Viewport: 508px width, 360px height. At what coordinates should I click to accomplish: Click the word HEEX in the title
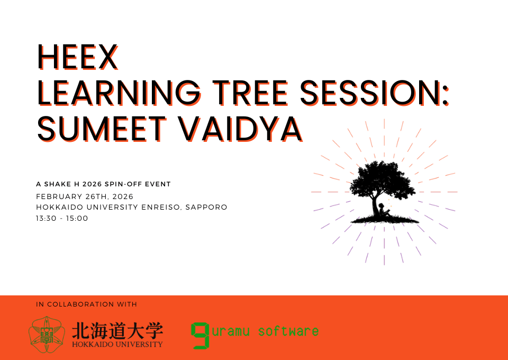click(78, 57)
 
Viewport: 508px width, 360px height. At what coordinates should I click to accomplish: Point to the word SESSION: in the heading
click(375, 93)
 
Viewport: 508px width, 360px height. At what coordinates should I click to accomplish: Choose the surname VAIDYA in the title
click(241, 129)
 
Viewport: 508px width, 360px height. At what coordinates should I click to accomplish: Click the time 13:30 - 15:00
click(62, 219)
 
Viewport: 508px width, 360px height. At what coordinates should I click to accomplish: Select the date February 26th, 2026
click(85, 197)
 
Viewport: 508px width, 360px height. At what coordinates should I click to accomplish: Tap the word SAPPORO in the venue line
click(206, 207)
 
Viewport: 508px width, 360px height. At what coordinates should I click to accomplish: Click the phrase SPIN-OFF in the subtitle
click(119, 184)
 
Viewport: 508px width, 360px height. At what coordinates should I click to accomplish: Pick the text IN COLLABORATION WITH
click(86, 304)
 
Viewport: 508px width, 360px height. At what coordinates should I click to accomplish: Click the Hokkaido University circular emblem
click(47, 335)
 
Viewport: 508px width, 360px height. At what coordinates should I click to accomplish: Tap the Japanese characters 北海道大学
click(117, 331)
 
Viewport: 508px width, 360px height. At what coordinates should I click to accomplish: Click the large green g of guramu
click(200, 335)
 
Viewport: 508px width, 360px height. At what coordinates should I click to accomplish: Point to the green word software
click(288, 331)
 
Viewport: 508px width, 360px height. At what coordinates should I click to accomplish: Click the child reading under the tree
click(384, 211)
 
